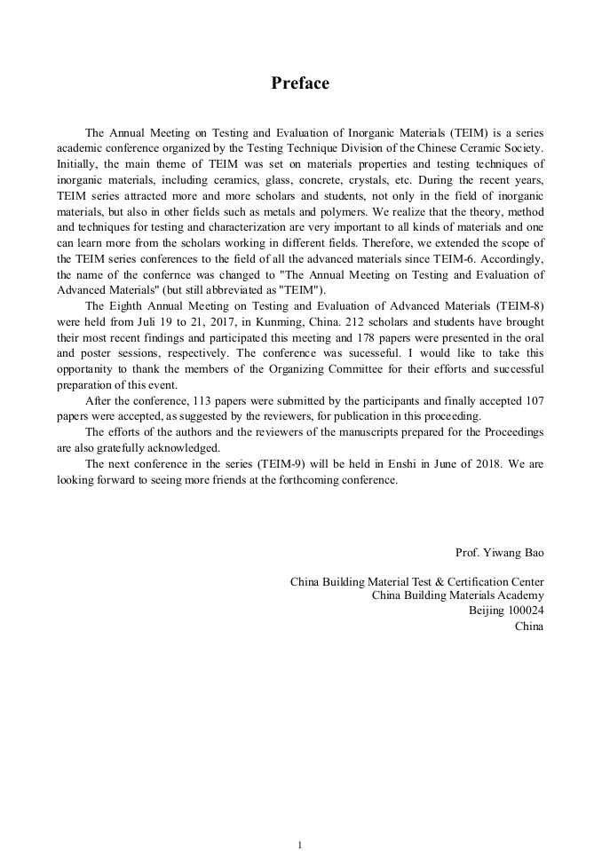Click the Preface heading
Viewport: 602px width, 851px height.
[300, 83]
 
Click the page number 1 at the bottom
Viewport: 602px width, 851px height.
[300, 844]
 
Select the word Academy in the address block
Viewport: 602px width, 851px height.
[519, 595]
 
